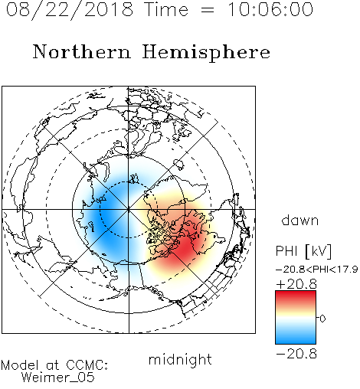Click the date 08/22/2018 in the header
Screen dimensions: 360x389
70,10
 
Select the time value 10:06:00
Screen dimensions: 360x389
270,9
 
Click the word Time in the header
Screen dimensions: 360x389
166,9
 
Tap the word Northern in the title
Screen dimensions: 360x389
82,51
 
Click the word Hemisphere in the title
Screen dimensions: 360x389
206,53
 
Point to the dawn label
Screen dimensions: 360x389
300,220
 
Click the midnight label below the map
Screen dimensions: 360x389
180,360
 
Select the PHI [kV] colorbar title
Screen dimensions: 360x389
303,251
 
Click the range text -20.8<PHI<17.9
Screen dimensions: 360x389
316,269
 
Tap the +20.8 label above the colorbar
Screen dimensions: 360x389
296,284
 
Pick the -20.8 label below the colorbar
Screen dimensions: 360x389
296,354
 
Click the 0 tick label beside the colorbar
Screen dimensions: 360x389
322,319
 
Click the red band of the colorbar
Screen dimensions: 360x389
296,296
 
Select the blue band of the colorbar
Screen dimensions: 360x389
296,338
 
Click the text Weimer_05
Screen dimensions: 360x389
58,378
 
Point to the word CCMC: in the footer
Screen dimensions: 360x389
87,365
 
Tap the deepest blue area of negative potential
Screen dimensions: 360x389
106,217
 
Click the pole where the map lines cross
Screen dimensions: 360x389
129,209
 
